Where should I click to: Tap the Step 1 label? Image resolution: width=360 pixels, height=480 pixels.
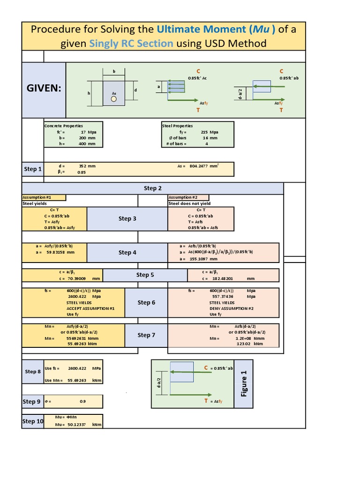pyautogui.click(x=33, y=169)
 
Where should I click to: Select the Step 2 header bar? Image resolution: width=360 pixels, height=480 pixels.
pyautogui.click(x=152, y=188)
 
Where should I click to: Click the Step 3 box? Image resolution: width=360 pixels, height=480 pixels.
pyautogui.click(x=127, y=218)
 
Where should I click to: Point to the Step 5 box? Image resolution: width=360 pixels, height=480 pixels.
pyautogui.click(x=145, y=275)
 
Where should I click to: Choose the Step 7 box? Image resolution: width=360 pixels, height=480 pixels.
pyautogui.click(x=146, y=335)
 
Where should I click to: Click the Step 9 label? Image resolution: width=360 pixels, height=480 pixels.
pyautogui.click(x=32, y=402)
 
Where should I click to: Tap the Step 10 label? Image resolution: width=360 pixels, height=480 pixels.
pyautogui.click(x=33, y=421)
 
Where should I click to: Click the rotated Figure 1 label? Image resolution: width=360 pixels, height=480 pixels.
pyautogui.click(x=244, y=383)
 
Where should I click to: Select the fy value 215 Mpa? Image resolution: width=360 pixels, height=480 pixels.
pyautogui.click(x=210, y=132)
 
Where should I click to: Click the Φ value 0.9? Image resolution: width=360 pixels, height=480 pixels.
pyautogui.click(x=82, y=402)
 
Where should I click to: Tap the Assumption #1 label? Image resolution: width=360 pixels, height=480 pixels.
pyautogui.click(x=37, y=197)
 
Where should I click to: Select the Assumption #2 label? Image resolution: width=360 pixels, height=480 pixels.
pyautogui.click(x=183, y=197)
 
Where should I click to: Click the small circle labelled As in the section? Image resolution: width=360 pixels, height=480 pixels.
pyautogui.click(x=113, y=99)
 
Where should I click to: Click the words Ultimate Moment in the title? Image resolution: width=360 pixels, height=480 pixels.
pyautogui.click(x=202, y=29)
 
